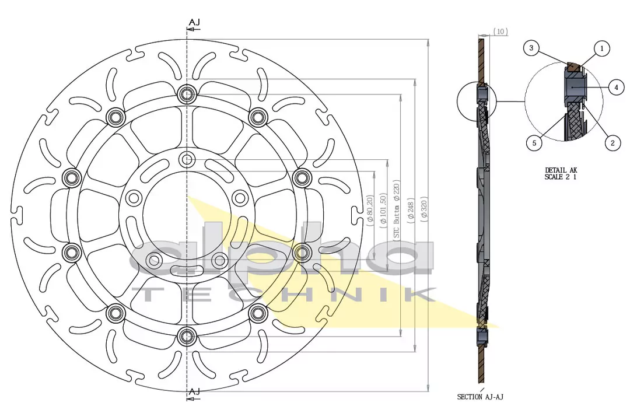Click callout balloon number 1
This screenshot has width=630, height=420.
coord(601,49)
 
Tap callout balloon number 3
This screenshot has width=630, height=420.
coord(530,48)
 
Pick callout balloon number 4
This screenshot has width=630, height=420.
coord(616,87)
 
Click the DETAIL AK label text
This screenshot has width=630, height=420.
coord(561,170)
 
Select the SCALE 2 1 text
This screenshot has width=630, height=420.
coord(561,177)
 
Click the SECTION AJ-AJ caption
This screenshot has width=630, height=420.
coord(480,397)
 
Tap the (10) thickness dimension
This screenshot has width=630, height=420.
coord(501,32)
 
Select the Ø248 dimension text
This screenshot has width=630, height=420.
coord(411,210)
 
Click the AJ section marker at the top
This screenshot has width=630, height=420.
coord(194,22)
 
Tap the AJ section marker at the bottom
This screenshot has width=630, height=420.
coord(194,391)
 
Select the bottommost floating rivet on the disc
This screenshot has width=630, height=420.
coord(187,335)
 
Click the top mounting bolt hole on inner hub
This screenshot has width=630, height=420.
coord(187,159)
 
